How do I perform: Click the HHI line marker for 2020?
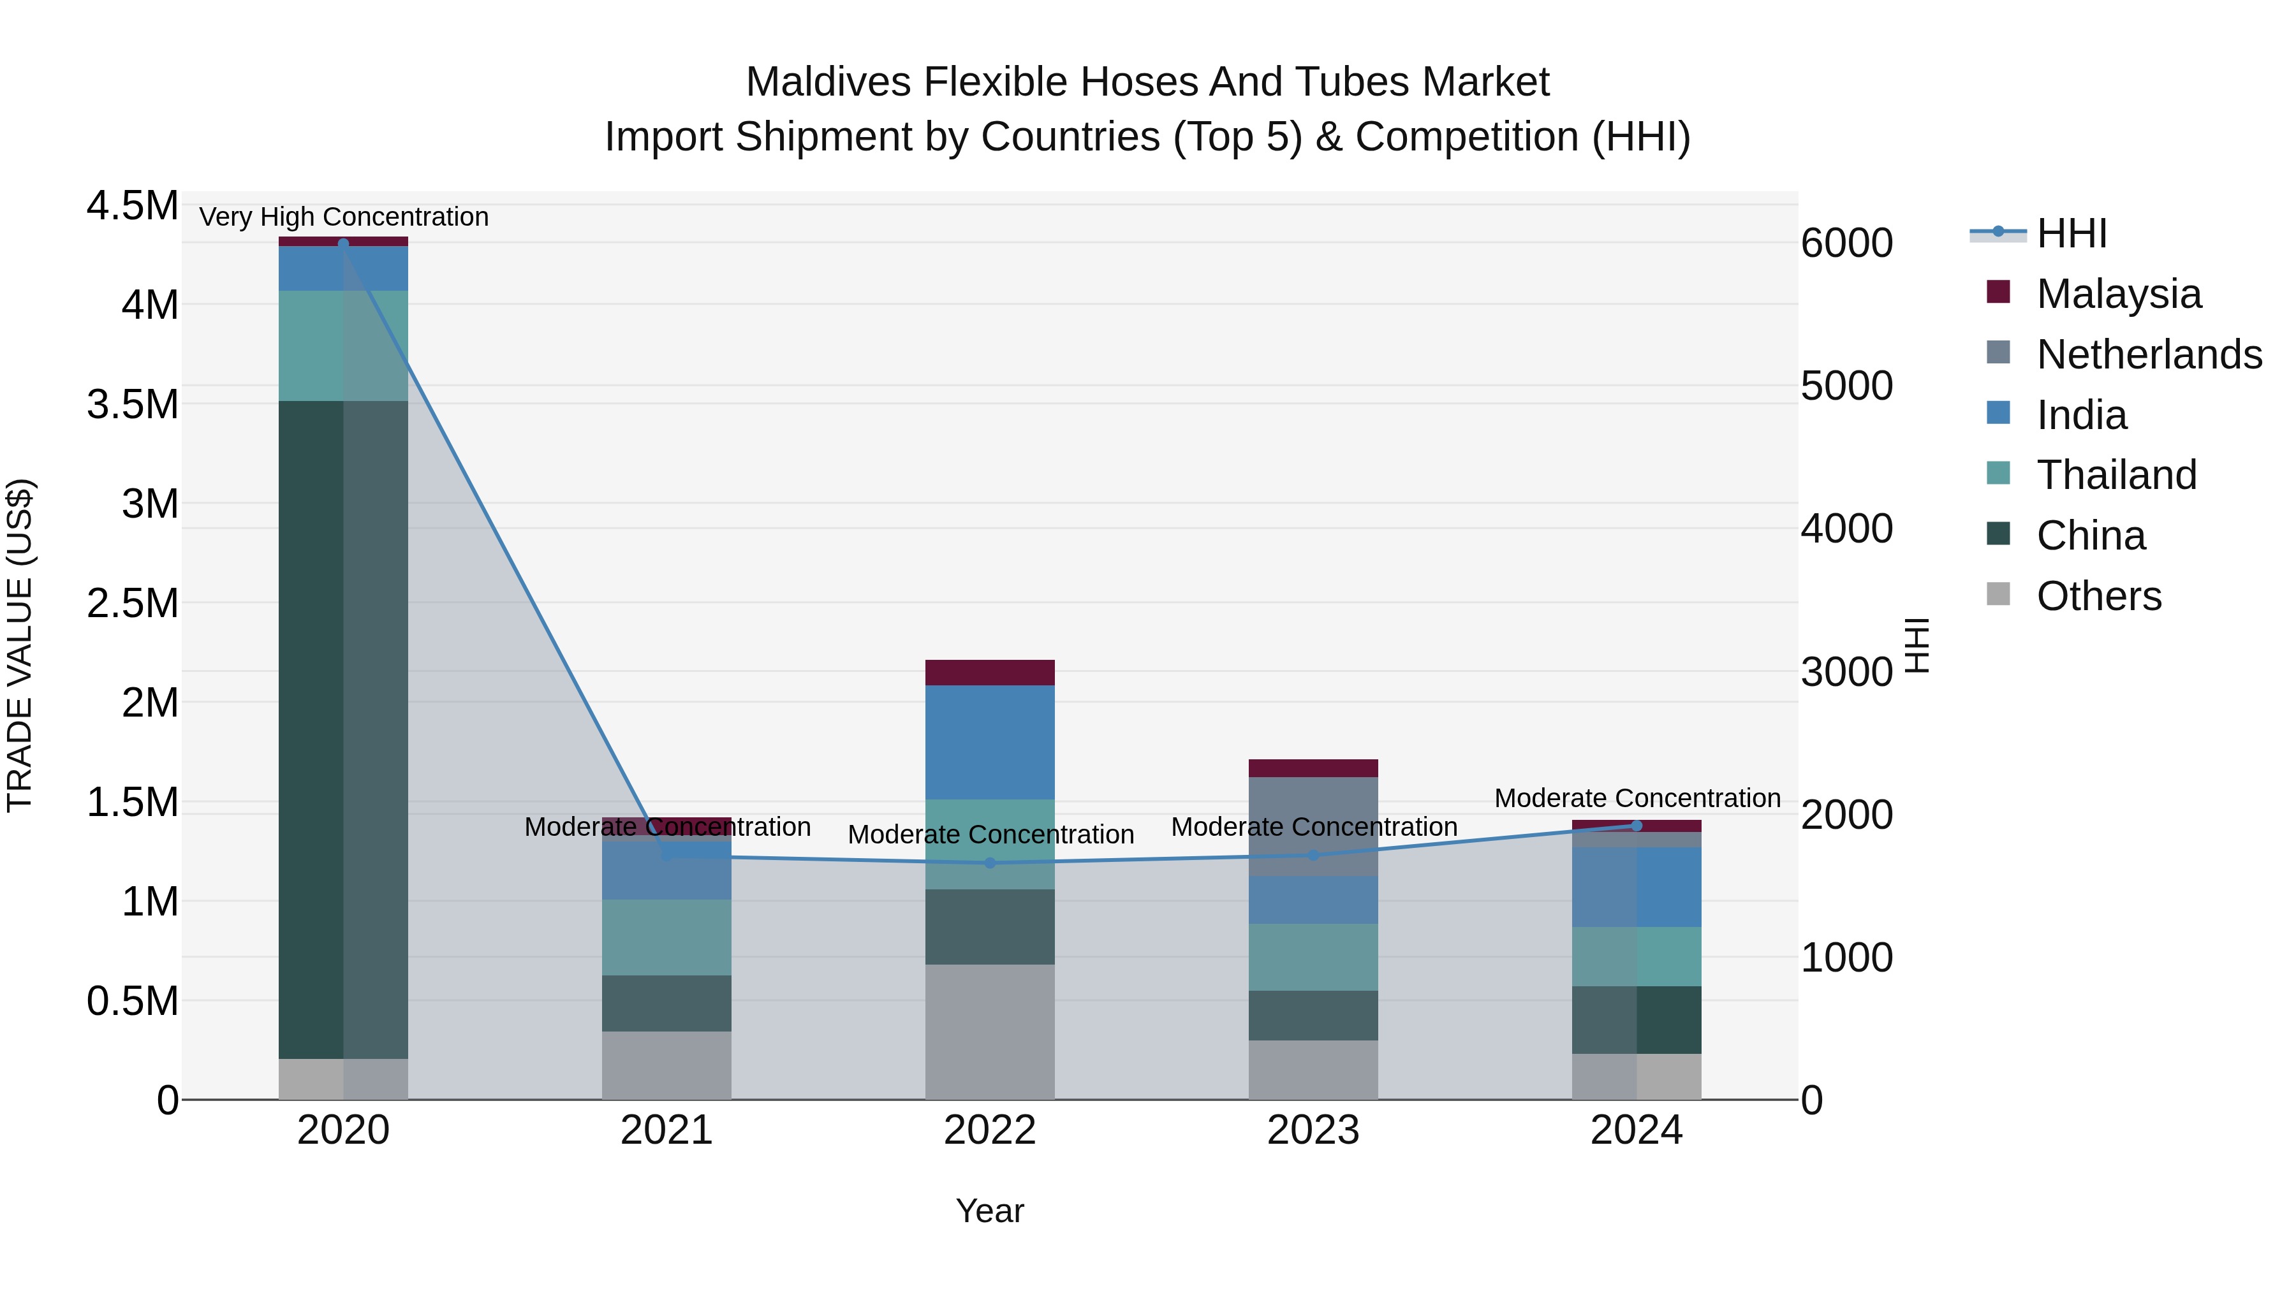point(343,244)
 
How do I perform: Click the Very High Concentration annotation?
point(343,217)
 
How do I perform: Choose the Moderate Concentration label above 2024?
point(1637,798)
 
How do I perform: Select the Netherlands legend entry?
point(2148,354)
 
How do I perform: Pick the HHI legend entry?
point(2072,233)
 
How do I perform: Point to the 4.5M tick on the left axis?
point(132,206)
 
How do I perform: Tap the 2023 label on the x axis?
point(1313,1130)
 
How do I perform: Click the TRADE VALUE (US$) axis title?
point(20,645)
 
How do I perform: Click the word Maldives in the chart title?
point(829,82)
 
